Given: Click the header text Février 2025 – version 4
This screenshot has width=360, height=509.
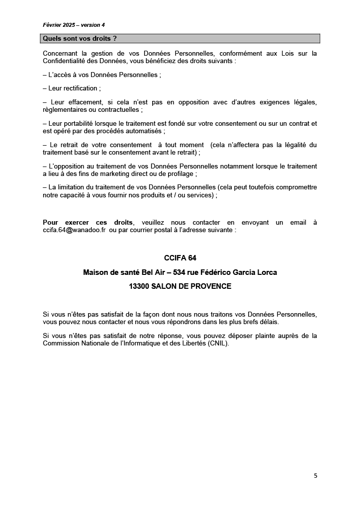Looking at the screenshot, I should tap(74, 25).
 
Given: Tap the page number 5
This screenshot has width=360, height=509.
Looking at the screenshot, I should tap(315, 475).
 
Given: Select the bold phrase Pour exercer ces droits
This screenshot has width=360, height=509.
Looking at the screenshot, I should tap(88, 223).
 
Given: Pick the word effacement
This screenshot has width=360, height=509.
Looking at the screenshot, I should tap(81, 102).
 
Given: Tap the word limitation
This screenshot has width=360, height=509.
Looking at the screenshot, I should tap(72, 187).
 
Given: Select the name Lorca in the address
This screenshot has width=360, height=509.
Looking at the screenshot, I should tap(267, 272).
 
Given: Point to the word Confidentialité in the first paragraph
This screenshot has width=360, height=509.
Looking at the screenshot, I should tap(68, 61).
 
